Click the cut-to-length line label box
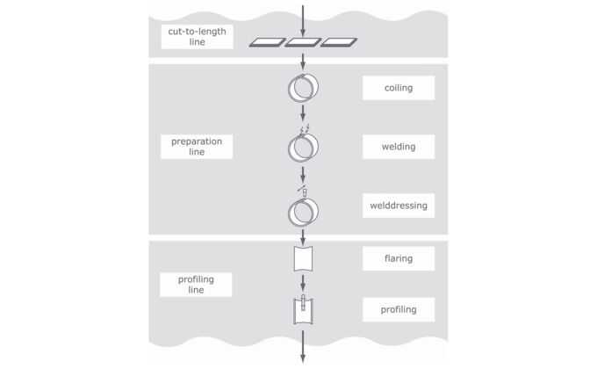[197, 37]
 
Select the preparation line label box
[197, 147]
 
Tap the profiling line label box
[196, 285]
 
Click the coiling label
[399, 88]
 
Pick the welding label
[399, 147]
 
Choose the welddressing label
[399, 206]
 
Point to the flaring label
[399, 258]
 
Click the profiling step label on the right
[399, 309]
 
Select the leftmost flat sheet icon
[267, 42]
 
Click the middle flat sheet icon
[303, 42]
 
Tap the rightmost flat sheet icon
[339, 42]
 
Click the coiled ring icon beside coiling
[303, 88]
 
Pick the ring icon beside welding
[303, 148]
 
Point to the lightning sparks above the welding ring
[305, 129]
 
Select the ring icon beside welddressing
[303, 213]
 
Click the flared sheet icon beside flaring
[303, 259]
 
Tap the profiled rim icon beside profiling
[303, 309]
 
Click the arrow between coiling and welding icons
[303, 113]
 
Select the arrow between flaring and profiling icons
[303, 283]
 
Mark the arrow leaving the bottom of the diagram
[303, 346]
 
